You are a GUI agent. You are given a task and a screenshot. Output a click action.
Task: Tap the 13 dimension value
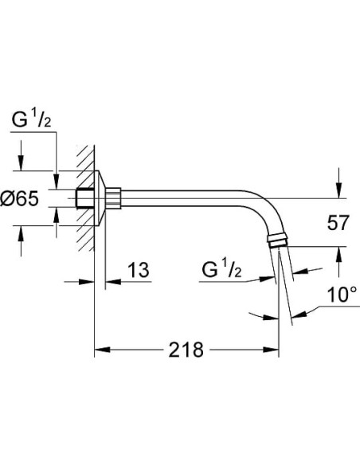pos(137,272)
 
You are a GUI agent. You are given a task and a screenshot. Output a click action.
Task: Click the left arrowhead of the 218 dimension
pos(100,350)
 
